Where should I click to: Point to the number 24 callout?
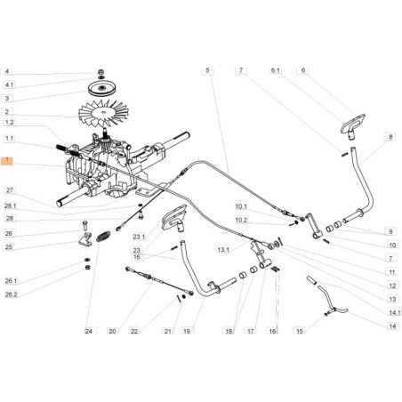[x=89, y=332]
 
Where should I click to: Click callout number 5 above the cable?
[x=206, y=69]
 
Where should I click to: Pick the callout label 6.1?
[x=275, y=69]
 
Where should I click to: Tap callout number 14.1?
[x=391, y=310]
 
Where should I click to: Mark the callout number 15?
[x=300, y=331]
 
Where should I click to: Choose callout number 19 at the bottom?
[x=187, y=331]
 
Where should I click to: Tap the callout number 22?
[x=135, y=332]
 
